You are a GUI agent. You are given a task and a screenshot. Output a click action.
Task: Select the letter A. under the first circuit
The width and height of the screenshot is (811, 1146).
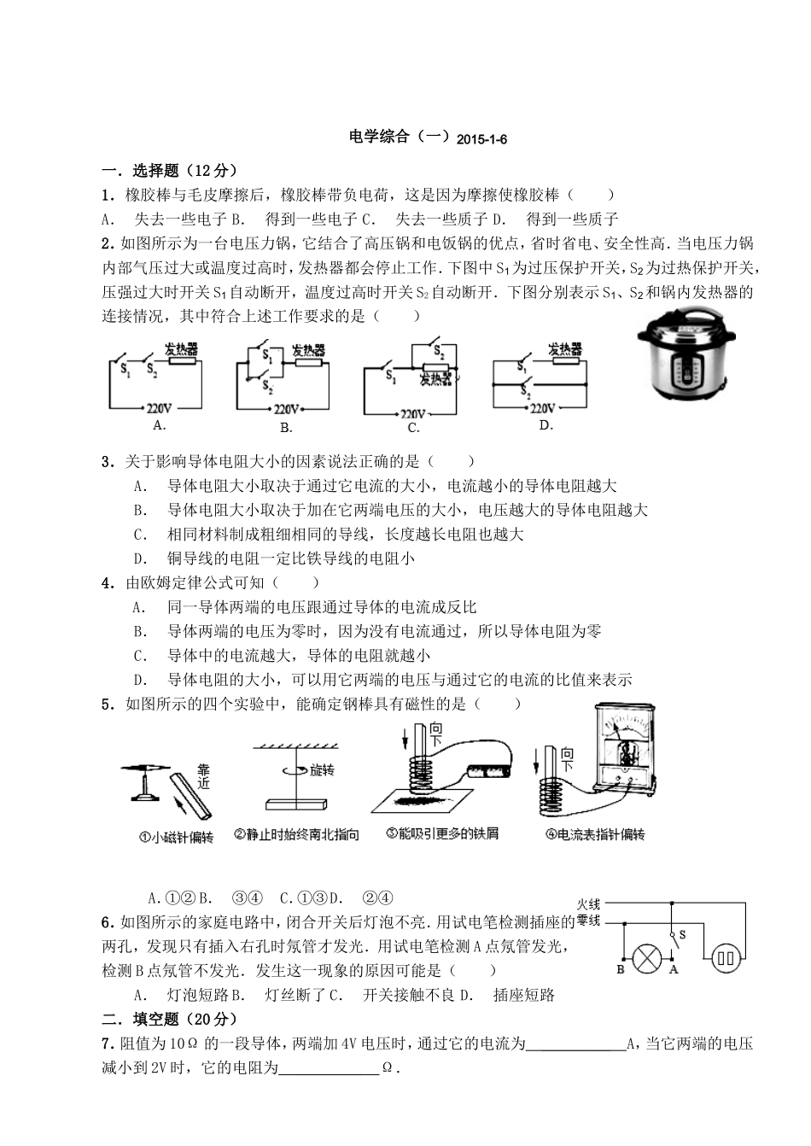click(x=158, y=424)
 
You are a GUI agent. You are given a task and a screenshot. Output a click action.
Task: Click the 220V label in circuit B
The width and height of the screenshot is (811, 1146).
click(x=287, y=408)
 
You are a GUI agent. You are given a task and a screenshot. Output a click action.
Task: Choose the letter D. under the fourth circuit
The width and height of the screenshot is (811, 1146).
click(x=546, y=424)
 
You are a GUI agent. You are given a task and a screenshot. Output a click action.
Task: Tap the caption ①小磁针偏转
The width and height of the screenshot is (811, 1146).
click(x=176, y=837)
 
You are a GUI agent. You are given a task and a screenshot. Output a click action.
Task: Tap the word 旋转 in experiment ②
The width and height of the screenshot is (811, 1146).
click(x=322, y=770)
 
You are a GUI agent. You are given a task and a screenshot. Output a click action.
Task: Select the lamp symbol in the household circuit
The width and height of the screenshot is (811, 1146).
click(x=647, y=956)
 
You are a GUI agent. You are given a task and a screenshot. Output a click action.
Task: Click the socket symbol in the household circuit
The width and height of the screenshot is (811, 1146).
click(x=726, y=957)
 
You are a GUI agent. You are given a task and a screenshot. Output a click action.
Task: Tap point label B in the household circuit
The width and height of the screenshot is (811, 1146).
click(x=621, y=969)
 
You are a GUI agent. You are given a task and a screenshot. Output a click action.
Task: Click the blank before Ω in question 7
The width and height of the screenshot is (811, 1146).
click(x=329, y=1067)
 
